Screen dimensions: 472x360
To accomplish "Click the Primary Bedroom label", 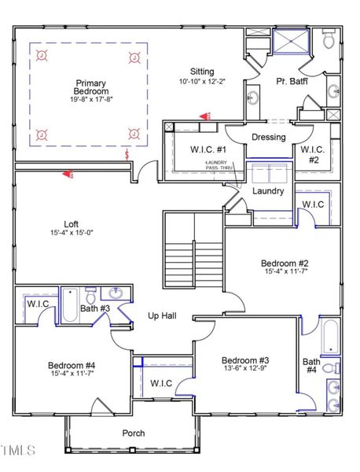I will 90,87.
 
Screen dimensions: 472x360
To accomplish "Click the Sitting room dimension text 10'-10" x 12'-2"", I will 202,81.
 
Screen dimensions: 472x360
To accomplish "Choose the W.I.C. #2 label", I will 313,155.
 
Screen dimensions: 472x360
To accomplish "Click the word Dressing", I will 268,138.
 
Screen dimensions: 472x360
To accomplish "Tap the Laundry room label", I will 267,190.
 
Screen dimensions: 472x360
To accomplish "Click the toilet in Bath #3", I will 91,297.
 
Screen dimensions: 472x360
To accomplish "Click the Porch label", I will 133,433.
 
